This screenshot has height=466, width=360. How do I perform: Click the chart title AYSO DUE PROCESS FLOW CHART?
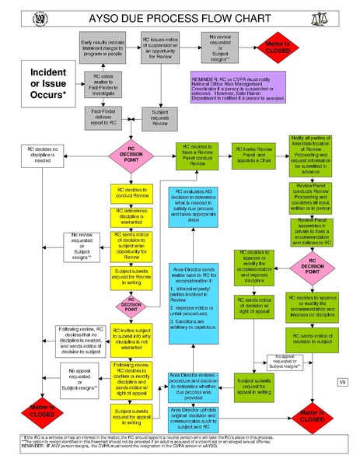180,16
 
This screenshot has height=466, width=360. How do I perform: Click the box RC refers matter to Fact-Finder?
103,82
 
